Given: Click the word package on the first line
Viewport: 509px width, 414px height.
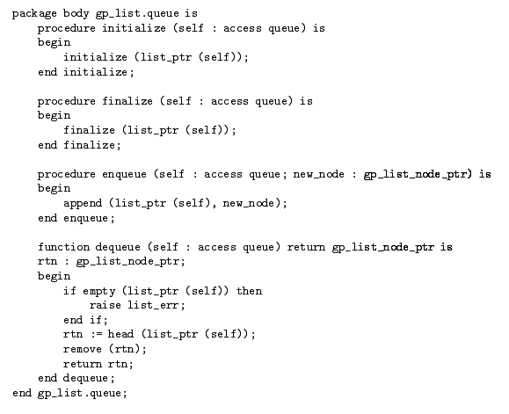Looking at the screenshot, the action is pos(34,14).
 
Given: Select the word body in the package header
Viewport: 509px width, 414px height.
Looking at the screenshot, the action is pos(76,13).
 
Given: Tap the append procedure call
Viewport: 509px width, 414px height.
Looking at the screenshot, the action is pos(83,203).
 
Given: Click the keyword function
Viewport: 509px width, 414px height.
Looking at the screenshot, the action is pos(63,247).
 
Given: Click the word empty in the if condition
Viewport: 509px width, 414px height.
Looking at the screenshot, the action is pos(99,291).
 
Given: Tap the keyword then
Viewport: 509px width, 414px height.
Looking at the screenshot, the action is pos(249,290).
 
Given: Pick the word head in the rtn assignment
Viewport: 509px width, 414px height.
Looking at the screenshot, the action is pos(120,334).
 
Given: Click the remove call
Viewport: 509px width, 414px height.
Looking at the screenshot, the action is pos(83,349).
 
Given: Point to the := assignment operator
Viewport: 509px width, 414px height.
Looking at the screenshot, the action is pos(96,334).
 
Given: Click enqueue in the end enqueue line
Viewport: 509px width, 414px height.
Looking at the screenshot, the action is pos(85,218).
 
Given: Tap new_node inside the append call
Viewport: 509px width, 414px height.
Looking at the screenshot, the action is pos(249,203).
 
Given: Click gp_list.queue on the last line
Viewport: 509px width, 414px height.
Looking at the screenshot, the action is pos(79,393).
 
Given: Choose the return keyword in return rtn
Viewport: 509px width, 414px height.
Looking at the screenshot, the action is pos(83,364).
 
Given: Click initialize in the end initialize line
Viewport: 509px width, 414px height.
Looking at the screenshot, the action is pos(96,72).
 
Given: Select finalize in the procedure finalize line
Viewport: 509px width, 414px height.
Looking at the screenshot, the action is pos(127,101).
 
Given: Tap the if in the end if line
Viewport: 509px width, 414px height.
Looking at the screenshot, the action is pos(96,320).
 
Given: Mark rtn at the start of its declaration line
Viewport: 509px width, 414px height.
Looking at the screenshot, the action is pos(47,262).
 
